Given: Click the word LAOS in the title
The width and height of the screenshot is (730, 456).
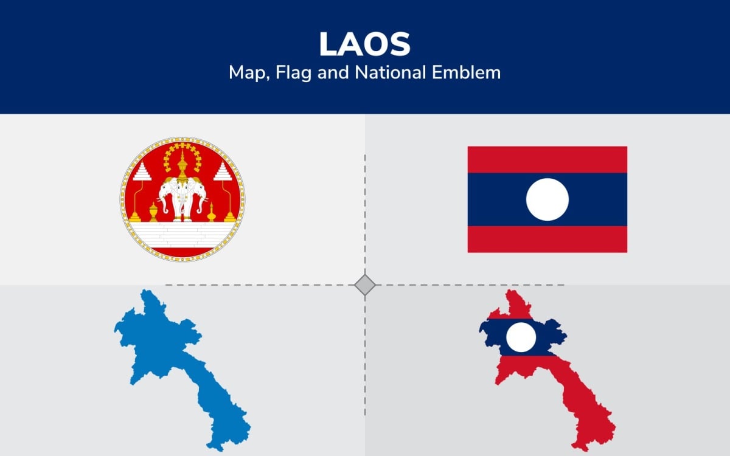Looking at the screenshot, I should [364, 44].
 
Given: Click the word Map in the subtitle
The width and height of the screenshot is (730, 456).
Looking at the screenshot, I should [246, 73].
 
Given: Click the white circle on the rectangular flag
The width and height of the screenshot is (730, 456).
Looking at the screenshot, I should [547, 199].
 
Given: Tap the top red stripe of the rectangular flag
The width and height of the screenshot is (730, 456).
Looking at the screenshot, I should [547, 159].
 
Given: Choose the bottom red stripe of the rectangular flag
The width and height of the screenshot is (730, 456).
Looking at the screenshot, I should [547, 239].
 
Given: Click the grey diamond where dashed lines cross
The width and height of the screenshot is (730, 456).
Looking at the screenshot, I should [365, 285].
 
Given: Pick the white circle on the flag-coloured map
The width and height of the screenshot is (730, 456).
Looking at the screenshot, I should [522, 337].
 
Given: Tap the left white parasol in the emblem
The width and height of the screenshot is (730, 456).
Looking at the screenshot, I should [142, 174].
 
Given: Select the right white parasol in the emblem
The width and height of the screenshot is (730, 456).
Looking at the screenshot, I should [224, 174].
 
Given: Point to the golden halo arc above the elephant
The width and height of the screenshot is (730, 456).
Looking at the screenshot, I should [182, 148].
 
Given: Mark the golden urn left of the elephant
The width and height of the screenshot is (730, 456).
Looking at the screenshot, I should [153, 212].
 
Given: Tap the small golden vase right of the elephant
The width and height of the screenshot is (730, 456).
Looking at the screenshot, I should [211, 213].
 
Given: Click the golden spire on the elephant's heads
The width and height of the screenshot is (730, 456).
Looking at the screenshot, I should [182, 164].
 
